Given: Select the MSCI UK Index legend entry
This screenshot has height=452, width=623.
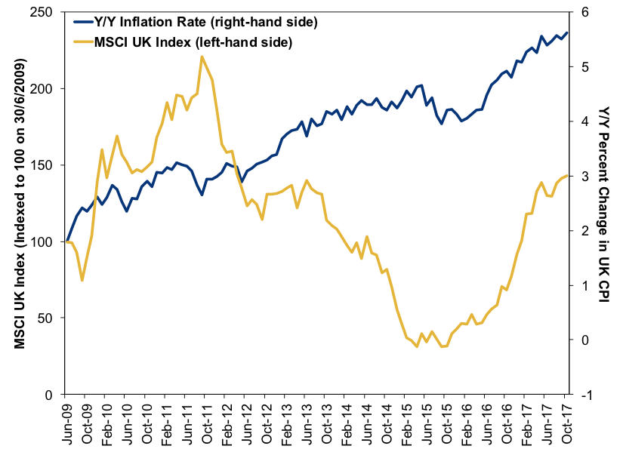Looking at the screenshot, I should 193,42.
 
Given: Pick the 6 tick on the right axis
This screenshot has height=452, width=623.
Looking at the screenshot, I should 584,12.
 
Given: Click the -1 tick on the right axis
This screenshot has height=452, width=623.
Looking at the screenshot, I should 583,395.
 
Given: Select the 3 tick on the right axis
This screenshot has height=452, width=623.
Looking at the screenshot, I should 584,176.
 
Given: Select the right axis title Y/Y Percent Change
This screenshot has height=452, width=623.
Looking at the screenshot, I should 605,204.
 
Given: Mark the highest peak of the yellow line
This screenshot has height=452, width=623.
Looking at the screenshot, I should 202,57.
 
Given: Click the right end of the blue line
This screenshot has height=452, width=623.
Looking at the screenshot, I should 567,32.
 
